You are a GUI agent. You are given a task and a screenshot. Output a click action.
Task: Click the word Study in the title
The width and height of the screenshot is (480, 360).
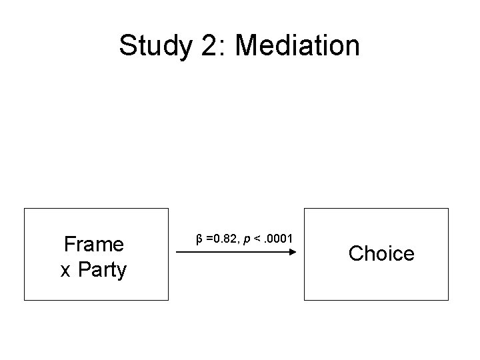click(156, 46)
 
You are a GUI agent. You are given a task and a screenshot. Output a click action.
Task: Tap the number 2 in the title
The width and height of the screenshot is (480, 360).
click(209, 45)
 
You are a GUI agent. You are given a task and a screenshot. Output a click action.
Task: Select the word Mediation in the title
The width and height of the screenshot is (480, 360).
click(297, 45)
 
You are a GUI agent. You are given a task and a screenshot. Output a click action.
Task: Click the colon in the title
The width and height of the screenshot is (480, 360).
click(222, 48)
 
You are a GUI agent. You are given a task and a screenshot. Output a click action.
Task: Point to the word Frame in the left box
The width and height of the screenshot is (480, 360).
click(94, 244)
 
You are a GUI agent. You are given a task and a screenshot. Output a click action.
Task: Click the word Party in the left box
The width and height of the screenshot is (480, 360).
click(102, 270)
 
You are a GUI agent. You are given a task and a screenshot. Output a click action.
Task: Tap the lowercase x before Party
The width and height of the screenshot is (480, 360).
click(65, 271)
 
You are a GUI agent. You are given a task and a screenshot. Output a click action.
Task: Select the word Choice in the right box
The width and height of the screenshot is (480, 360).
click(381, 253)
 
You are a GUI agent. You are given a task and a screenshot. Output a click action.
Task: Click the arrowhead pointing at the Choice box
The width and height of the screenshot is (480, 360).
click(293, 252)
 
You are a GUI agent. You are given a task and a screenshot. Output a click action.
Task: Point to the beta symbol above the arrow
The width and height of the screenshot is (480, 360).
click(199, 239)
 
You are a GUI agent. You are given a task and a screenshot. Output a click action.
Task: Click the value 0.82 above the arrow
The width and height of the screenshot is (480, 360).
click(225, 238)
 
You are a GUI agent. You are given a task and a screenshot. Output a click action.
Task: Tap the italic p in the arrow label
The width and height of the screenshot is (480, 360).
click(247, 239)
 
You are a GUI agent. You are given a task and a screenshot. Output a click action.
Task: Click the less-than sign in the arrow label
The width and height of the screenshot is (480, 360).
click(257, 239)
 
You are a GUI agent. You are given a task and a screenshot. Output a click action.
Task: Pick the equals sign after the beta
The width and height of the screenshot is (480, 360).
click(209, 239)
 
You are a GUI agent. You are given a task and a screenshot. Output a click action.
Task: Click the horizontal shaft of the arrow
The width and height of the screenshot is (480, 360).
click(233, 252)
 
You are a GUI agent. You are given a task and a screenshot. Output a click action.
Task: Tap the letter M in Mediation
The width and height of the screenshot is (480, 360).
click(247, 45)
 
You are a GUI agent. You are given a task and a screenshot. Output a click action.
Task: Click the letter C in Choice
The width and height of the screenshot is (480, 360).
click(356, 253)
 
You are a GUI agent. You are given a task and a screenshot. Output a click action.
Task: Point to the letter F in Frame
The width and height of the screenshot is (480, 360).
click(69, 244)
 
